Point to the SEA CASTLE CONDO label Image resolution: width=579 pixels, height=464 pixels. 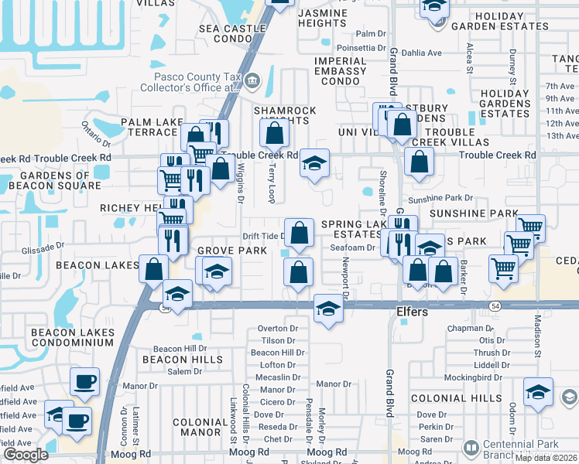(226, 33)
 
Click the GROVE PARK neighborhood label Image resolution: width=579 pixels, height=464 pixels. (231, 251)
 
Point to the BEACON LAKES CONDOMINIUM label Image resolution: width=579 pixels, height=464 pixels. (73, 338)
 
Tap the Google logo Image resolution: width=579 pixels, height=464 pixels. (26, 455)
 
